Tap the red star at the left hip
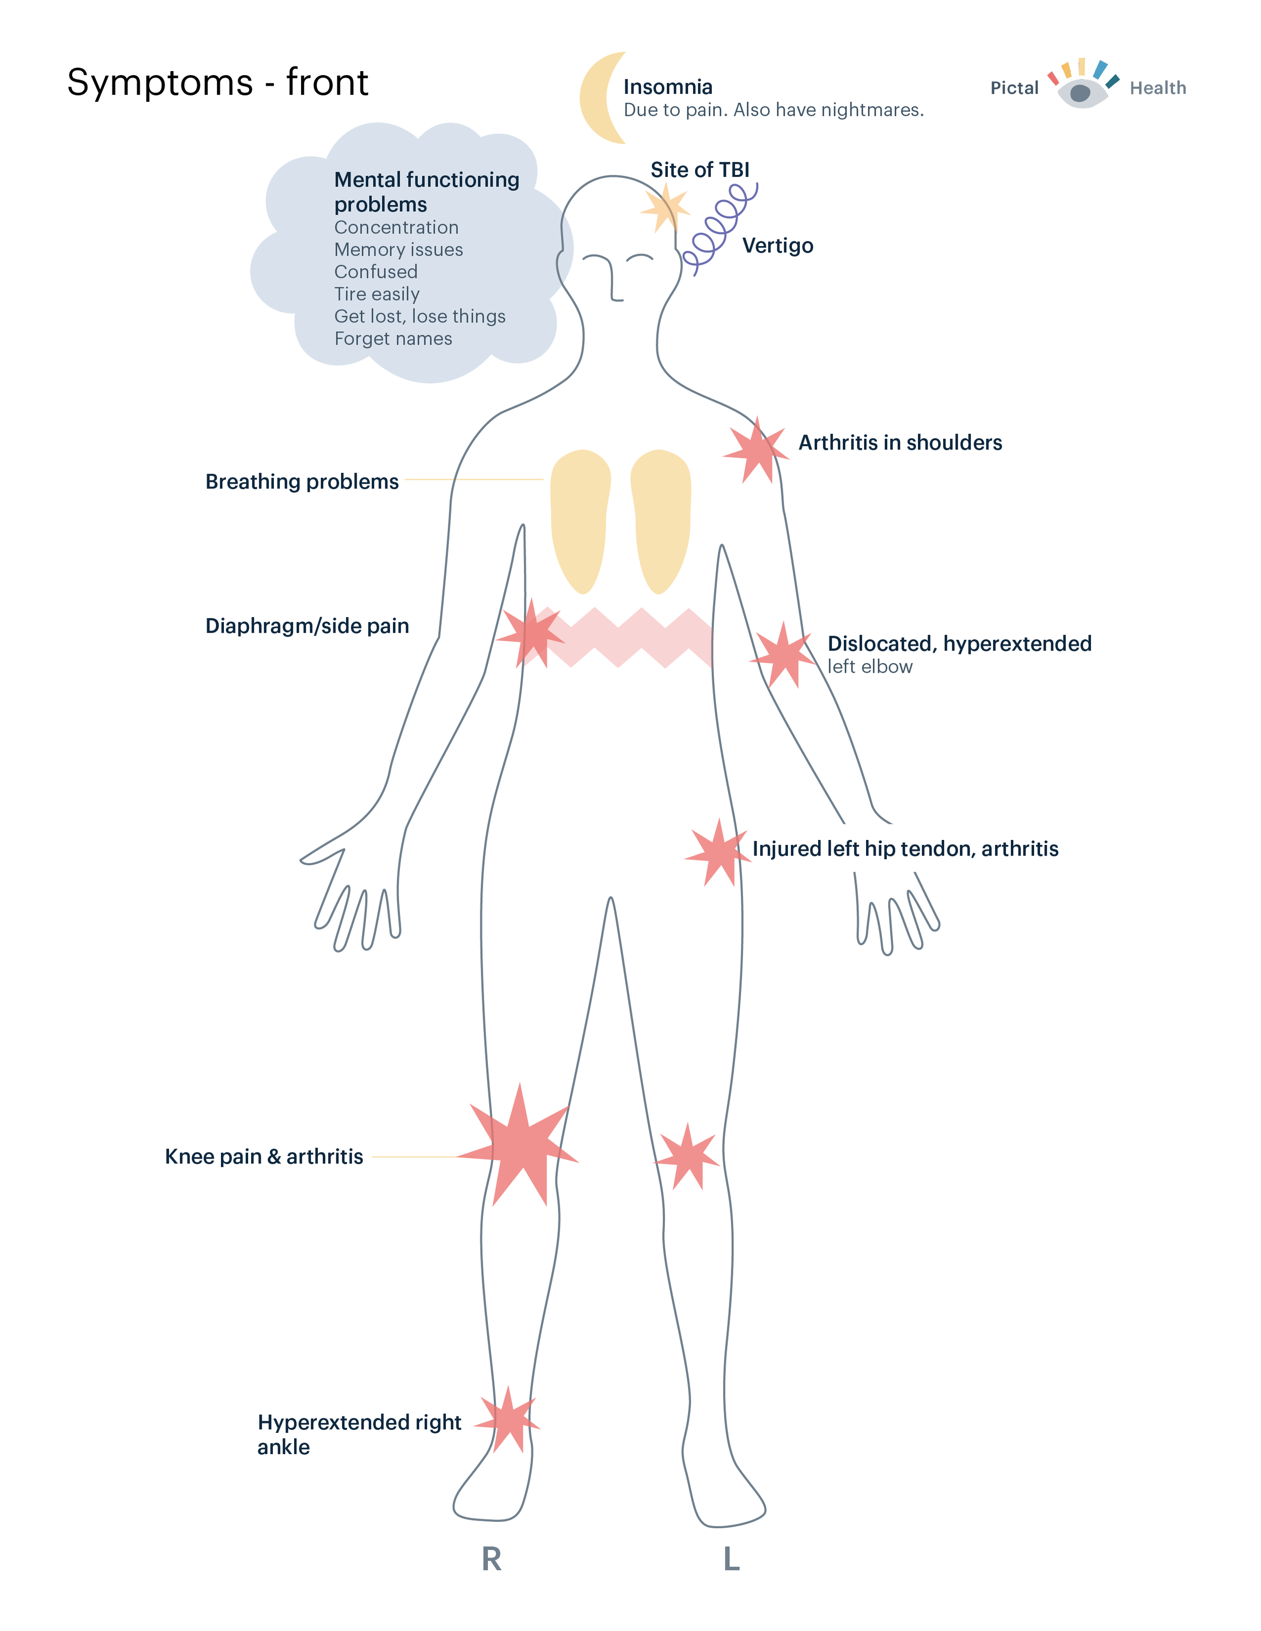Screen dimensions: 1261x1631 tap(718, 853)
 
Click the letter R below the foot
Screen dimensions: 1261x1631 tap(492, 1559)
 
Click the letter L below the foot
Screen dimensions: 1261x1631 tap(731, 1559)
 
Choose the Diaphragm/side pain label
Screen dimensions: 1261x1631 tap(307, 626)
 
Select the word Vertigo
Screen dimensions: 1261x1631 tap(778, 246)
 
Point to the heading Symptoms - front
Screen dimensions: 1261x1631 tap(217, 82)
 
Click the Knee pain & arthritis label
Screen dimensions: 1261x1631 tap(264, 1157)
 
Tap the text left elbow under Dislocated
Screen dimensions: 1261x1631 tap(870, 667)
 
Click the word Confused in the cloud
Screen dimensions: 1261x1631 tap(376, 272)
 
